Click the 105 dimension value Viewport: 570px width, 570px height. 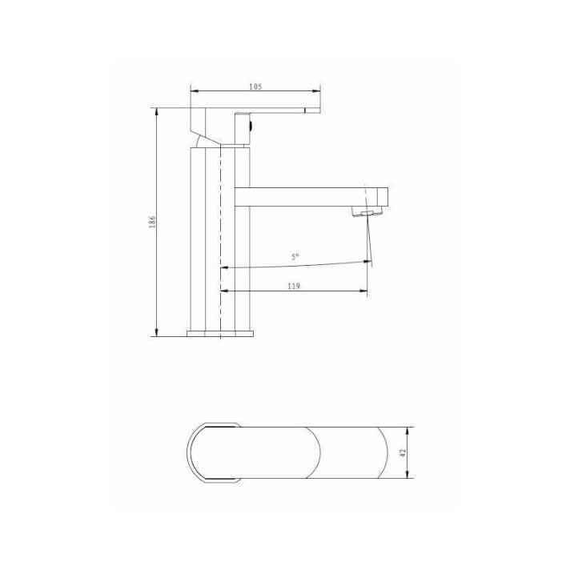pos(255,86)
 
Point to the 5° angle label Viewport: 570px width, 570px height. pos(295,257)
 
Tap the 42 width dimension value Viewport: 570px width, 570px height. pos(404,453)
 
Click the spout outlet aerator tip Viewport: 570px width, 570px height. pos(369,214)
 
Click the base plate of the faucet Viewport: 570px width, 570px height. pos(219,332)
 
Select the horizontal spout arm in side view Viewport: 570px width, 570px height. pos(304,197)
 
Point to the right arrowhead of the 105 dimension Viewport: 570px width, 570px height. pos(318,92)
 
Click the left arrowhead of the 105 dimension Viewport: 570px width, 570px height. pos(193,92)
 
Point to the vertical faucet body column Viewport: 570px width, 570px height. pos(219,240)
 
